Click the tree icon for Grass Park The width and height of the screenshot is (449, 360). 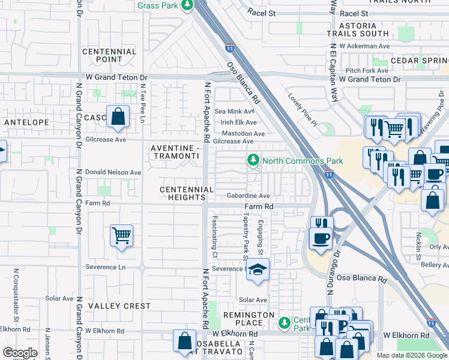click(187, 5)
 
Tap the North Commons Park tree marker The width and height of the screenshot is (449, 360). click(253, 160)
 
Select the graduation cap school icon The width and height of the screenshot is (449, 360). click(258, 271)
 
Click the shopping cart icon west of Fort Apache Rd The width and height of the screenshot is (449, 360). click(121, 236)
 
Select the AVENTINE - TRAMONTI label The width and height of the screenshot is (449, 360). click(175, 152)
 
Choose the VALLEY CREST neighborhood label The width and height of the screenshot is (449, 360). click(119, 306)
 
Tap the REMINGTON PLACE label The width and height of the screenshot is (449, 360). click(249, 319)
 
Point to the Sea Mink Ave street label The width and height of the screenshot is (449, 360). click(235, 111)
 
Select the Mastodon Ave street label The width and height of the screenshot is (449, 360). click(243, 134)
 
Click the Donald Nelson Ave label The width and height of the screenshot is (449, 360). click(113, 172)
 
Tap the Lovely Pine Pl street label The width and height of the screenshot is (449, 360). click(302, 110)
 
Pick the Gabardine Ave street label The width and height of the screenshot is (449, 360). click(248, 196)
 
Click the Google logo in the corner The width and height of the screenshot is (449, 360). click(20, 353)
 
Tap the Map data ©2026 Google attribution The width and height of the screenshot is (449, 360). click(411, 355)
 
